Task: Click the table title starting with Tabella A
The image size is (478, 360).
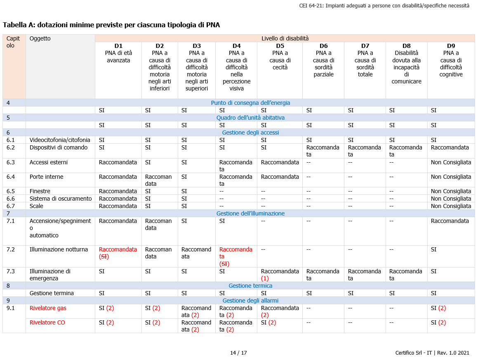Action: point(111,25)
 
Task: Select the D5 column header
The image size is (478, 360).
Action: point(280,46)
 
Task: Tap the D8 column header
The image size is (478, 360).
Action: point(406,46)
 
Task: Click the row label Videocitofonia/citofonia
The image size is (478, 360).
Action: point(60,140)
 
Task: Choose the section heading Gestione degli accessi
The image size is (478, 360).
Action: point(250,133)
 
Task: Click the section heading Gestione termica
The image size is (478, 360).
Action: point(250,286)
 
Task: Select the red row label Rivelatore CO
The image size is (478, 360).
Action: point(47,322)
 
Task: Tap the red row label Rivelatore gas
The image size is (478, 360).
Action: point(48,308)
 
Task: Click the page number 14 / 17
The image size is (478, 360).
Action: point(238,353)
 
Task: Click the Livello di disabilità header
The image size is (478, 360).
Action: point(285,38)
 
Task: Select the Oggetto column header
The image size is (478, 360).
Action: point(40,38)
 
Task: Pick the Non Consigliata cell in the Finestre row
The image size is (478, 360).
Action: point(451,191)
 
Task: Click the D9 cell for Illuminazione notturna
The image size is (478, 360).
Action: point(433,249)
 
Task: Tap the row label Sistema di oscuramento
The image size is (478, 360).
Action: point(61,199)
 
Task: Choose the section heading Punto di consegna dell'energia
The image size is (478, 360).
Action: point(250,103)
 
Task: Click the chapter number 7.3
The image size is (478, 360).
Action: point(11,271)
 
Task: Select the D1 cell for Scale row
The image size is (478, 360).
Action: point(118,206)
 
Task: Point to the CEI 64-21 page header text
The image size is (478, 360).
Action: point(384,6)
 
